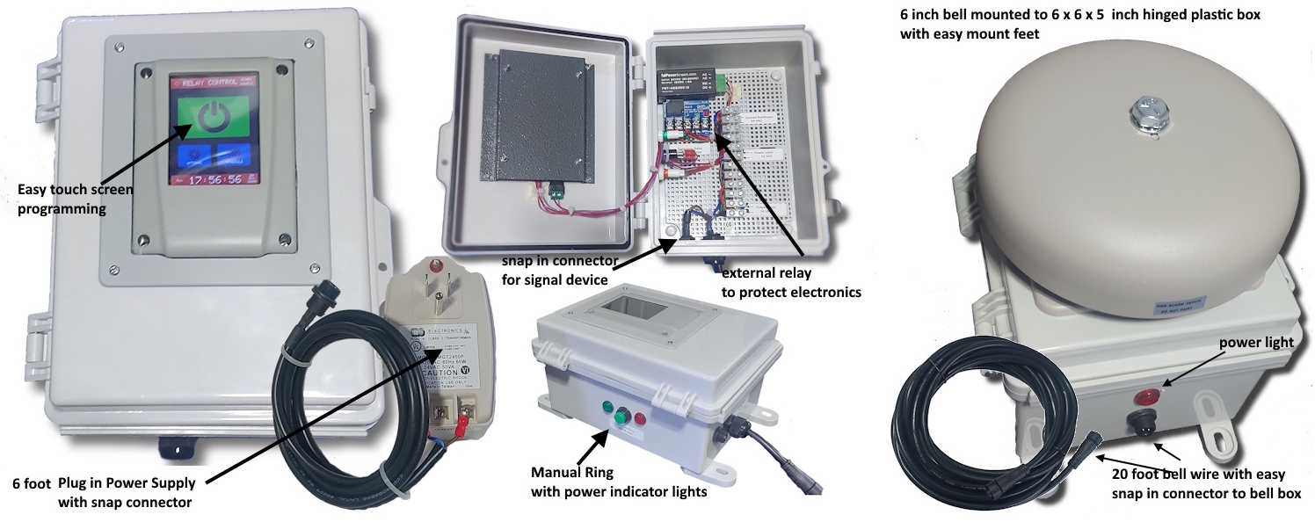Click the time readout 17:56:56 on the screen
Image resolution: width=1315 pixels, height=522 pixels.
tap(215, 178)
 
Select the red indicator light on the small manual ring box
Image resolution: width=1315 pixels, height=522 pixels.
tap(639, 418)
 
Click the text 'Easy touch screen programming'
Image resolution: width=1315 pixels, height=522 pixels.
tap(70, 199)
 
